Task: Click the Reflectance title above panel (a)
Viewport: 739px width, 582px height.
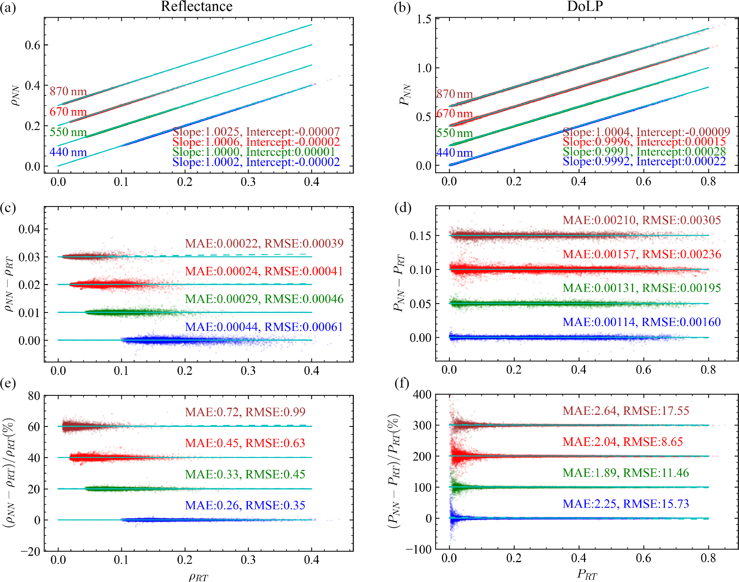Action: pyautogui.click(x=197, y=6)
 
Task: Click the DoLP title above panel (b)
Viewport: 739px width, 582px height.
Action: pyautogui.click(x=585, y=6)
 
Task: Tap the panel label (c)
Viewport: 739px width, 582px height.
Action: pyautogui.click(x=8, y=208)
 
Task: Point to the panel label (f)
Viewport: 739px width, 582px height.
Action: pyautogui.click(x=402, y=383)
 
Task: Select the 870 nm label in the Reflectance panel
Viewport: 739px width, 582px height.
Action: pyautogui.click(x=68, y=91)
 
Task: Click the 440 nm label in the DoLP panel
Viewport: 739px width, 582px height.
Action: pyautogui.click(x=454, y=153)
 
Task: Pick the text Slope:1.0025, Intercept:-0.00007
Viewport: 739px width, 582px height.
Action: pyautogui.click(x=256, y=132)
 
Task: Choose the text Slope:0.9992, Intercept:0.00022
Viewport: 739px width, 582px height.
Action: pyautogui.click(x=644, y=162)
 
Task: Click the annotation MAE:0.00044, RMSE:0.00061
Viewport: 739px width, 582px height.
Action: pyautogui.click(x=264, y=327)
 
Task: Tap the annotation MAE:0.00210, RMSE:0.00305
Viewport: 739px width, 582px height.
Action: pyautogui.click(x=642, y=220)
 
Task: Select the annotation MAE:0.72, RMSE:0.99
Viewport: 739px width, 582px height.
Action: pyautogui.click(x=245, y=412)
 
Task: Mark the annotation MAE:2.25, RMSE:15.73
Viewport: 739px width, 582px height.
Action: pyautogui.click(x=626, y=504)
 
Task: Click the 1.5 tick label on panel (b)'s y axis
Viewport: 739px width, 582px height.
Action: pyautogui.click(x=424, y=19)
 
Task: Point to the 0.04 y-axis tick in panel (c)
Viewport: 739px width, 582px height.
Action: pyautogui.click(x=29, y=229)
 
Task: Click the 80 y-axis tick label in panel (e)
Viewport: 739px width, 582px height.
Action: pyautogui.click(x=34, y=396)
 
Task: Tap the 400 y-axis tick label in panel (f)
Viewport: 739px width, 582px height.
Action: pyautogui.click(x=422, y=395)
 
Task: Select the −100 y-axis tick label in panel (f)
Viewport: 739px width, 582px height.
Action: pyautogui.click(x=419, y=550)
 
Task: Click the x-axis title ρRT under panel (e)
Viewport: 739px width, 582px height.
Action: pyautogui.click(x=198, y=577)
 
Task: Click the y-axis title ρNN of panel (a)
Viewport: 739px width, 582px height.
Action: pyautogui.click(x=15, y=96)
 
